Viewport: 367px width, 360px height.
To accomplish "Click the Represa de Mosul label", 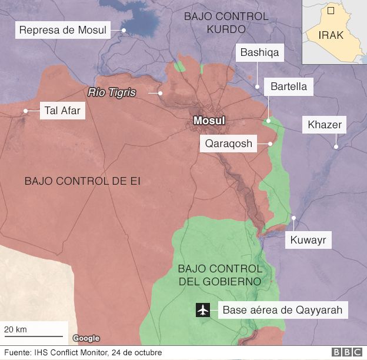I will [x=64, y=31].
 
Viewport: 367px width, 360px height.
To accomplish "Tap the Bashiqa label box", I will [x=259, y=52].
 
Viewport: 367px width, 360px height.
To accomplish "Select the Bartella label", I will [x=289, y=86].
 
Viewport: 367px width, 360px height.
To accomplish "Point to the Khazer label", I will [x=324, y=125].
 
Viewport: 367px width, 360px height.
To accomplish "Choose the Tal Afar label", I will [x=62, y=111].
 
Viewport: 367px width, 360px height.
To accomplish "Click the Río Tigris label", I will [x=111, y=92].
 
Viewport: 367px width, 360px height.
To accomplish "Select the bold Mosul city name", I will [x=209, y=121].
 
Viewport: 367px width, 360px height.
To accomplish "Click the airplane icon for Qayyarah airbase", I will [x=203, y=309].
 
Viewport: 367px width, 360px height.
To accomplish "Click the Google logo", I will [x=86, y=338].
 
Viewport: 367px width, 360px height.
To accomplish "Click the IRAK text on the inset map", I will [x=331, y=35].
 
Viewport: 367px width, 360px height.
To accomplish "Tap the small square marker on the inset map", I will [x=331, y=10].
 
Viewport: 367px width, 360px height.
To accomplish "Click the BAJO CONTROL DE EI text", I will [x=82, y=181].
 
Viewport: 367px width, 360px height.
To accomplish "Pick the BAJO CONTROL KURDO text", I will [x=226, y=22].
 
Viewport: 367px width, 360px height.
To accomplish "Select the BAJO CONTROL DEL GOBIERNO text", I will [x=218, y=275].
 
